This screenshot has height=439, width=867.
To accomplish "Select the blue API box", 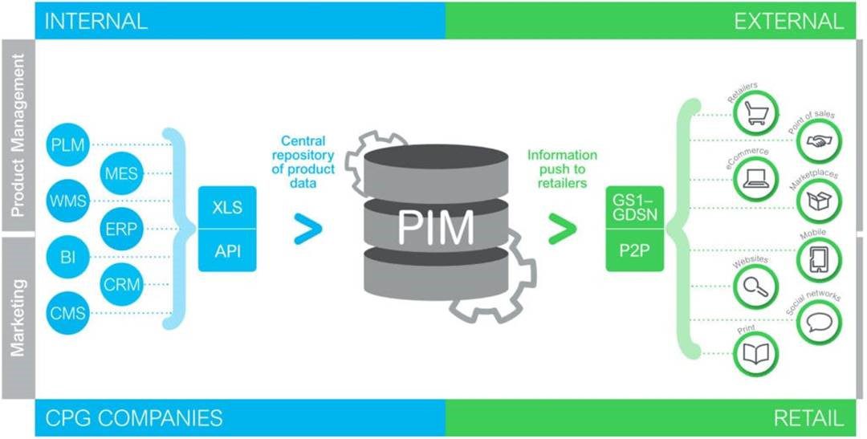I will point(227,250).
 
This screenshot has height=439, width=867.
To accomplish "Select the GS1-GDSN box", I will point(634,207).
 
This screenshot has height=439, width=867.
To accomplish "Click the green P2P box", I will point(634,250).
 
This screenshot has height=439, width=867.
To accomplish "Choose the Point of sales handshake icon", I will point(819,141).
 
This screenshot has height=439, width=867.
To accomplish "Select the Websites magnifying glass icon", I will point(755,287).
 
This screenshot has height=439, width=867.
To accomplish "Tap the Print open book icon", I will point(755,354).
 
